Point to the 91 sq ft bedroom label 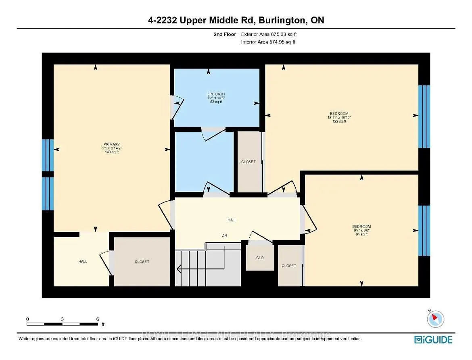point(361,227)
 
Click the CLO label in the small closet point(260,258)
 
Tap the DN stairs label point(224,235)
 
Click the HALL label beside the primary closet point(83,262)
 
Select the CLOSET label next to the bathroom point(248,162)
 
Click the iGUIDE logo point(434,339)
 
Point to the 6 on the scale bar point(98,319)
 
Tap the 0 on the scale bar point(27,319)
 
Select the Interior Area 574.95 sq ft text point(268,42)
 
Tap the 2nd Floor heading point(225,35)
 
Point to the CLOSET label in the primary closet point(142,262)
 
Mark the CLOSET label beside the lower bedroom point(289,266)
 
